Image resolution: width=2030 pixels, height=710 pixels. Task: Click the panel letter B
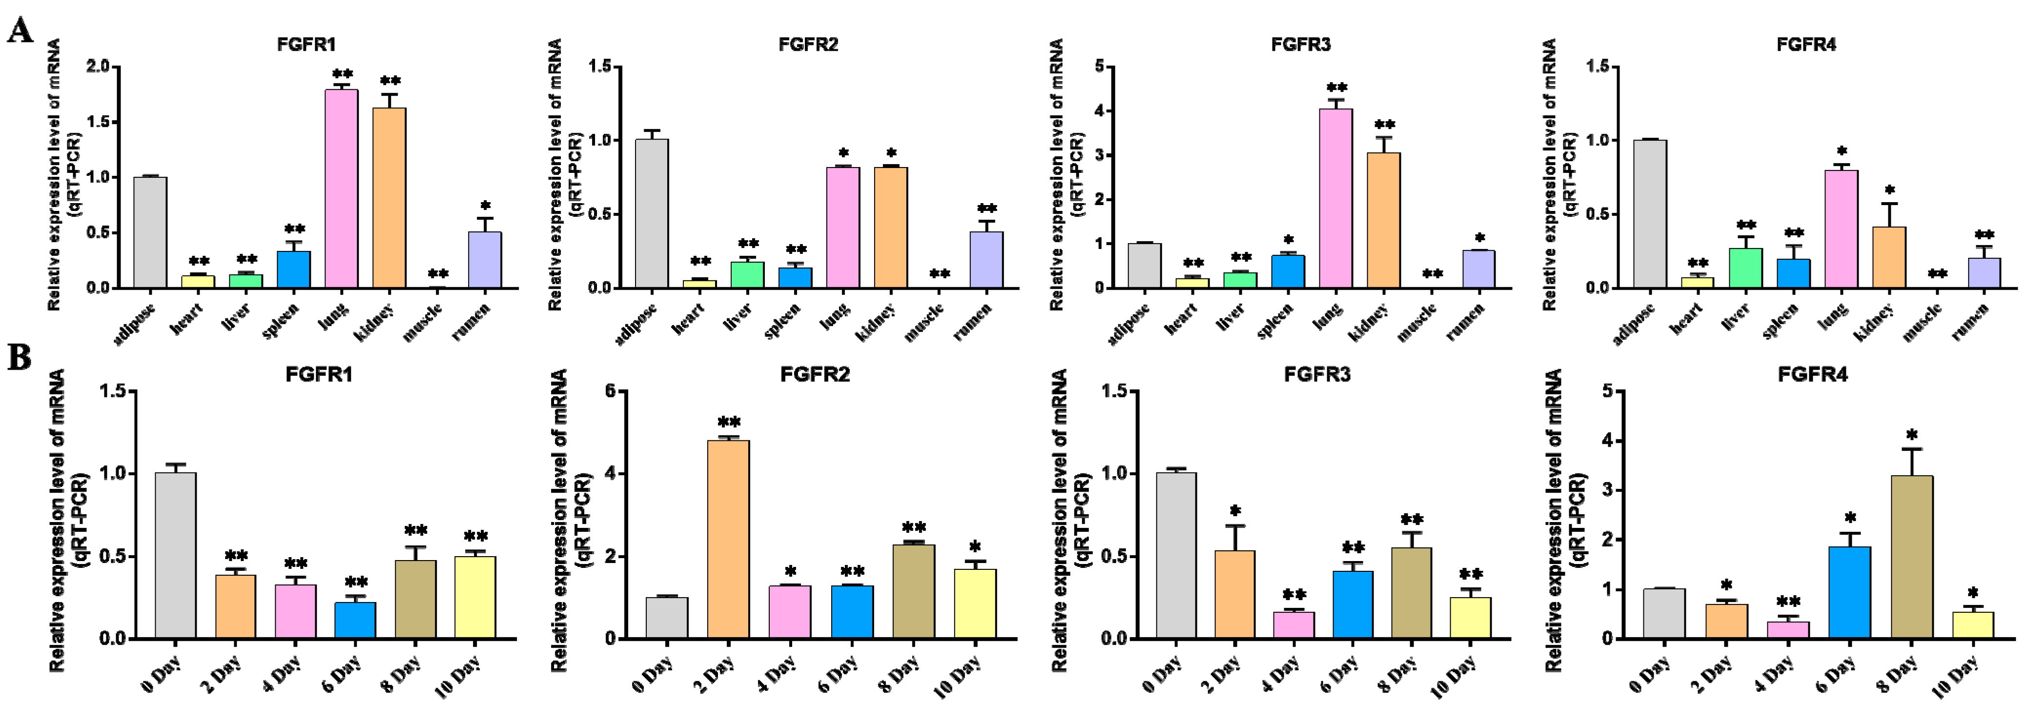[19, 357]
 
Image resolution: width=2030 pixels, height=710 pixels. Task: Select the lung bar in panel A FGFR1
[341, 189]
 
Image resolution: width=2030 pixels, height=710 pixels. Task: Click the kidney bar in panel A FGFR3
[1383, 221]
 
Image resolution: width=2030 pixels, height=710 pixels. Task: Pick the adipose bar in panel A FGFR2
[652, 213]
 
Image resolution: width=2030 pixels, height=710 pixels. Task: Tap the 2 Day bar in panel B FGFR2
[728, 539]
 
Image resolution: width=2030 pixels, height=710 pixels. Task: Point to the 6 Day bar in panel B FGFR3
[1353, 605]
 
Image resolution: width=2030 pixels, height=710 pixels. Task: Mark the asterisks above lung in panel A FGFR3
[1336, 87]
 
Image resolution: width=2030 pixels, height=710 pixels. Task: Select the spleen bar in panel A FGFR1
[293, 270]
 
